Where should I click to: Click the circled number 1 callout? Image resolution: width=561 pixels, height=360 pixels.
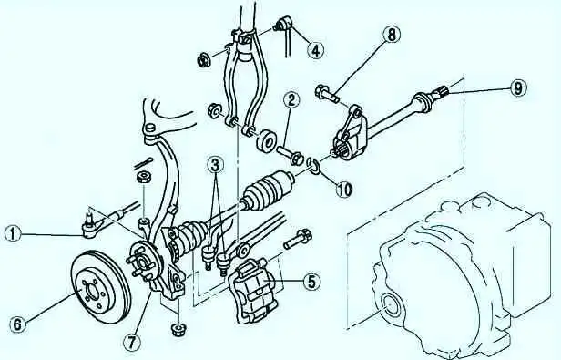pos(14,234)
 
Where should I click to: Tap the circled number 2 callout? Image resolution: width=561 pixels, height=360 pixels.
pos(291,101)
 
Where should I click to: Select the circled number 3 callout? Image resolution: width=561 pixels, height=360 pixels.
pos(216,165)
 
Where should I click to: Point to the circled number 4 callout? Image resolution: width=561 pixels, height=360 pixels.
pos(316,50)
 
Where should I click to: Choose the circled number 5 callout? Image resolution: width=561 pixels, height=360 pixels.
pos(311,282)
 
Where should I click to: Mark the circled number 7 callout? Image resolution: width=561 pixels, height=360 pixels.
pos(132,344)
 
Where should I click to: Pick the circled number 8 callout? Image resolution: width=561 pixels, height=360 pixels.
pos(392,35)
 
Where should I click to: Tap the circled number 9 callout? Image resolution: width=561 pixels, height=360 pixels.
pos(517,88)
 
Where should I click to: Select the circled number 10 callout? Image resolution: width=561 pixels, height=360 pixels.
pos(344,189)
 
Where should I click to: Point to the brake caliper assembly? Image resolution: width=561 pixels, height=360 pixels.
pos(253,291)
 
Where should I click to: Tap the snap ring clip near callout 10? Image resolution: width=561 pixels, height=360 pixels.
pos(314,166)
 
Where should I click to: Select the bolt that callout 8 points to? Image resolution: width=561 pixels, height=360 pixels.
pos(327,93)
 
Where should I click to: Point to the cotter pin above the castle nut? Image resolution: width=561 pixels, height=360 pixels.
pos(144,164)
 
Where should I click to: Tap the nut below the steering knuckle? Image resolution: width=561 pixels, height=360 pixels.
pos(178,329)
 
